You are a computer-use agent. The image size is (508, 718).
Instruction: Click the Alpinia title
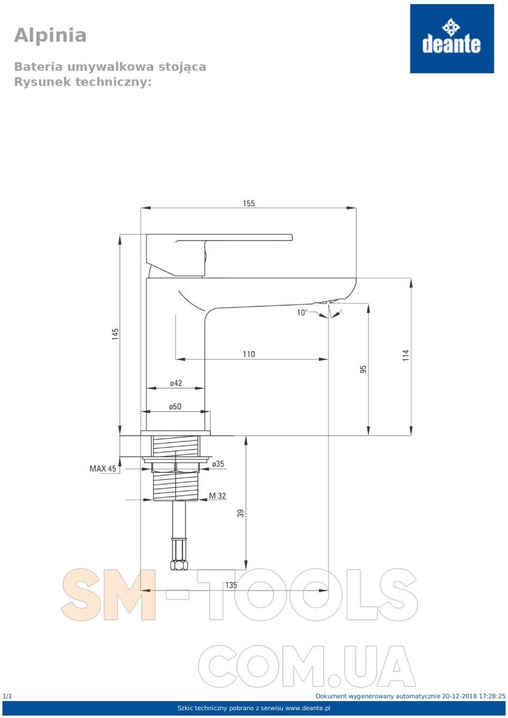pyautogui.click(x=50, y=35)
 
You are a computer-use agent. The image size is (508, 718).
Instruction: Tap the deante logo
pyautogui.click(x=452, y=38)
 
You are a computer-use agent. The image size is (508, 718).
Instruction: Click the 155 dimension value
pyautogui.click(x=249, y=203)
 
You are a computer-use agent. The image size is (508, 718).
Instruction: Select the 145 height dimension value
pyautogui.click(x=115, y=334)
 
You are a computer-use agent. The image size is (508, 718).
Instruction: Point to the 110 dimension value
pyautogui.click(x=249, y=354)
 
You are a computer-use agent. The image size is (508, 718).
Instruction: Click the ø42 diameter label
pyautogui.click(x=176, y=383)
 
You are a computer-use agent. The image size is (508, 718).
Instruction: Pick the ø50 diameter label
pyautogui.click(x=175, y=406)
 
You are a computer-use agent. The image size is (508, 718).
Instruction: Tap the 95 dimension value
pyautogui.click(x=363, y=369)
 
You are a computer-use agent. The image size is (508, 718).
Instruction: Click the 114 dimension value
pyautogui.click(x=406, y=355)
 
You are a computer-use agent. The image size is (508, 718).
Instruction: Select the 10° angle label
pyautogui.click(x=302, y=312)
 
